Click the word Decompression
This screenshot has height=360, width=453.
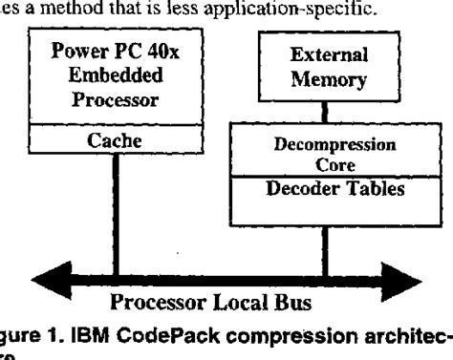[x=323, y=147]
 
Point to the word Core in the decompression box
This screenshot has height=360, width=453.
[x=323, y=163]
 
